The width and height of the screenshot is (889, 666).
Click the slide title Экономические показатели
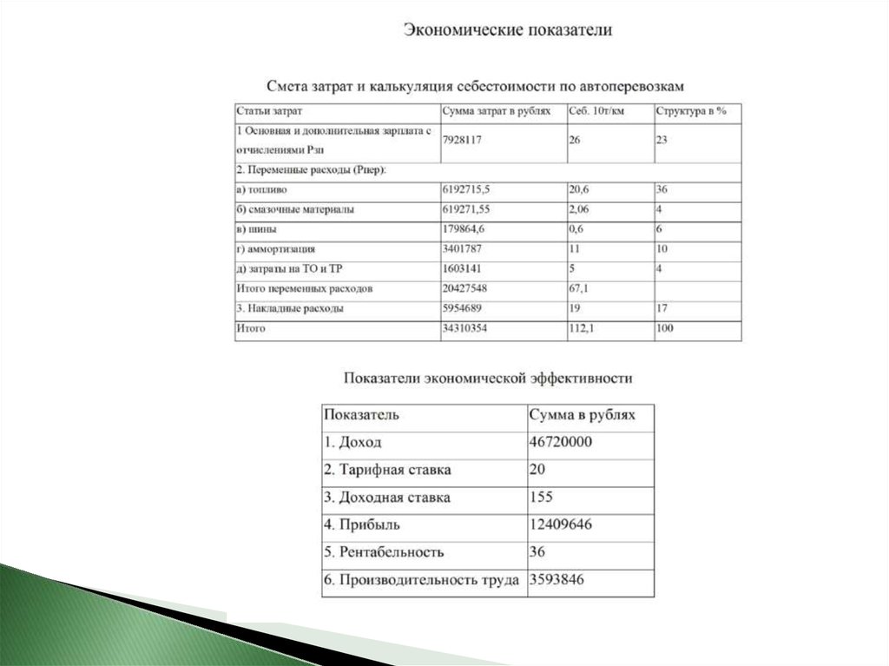507,30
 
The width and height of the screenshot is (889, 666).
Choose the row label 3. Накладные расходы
290,308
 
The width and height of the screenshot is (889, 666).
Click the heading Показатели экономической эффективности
488,378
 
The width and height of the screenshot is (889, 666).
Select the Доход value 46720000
560,442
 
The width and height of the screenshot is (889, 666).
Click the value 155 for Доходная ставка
540,498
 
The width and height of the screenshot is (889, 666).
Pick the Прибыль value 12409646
560,524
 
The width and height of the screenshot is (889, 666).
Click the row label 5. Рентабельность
384,552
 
